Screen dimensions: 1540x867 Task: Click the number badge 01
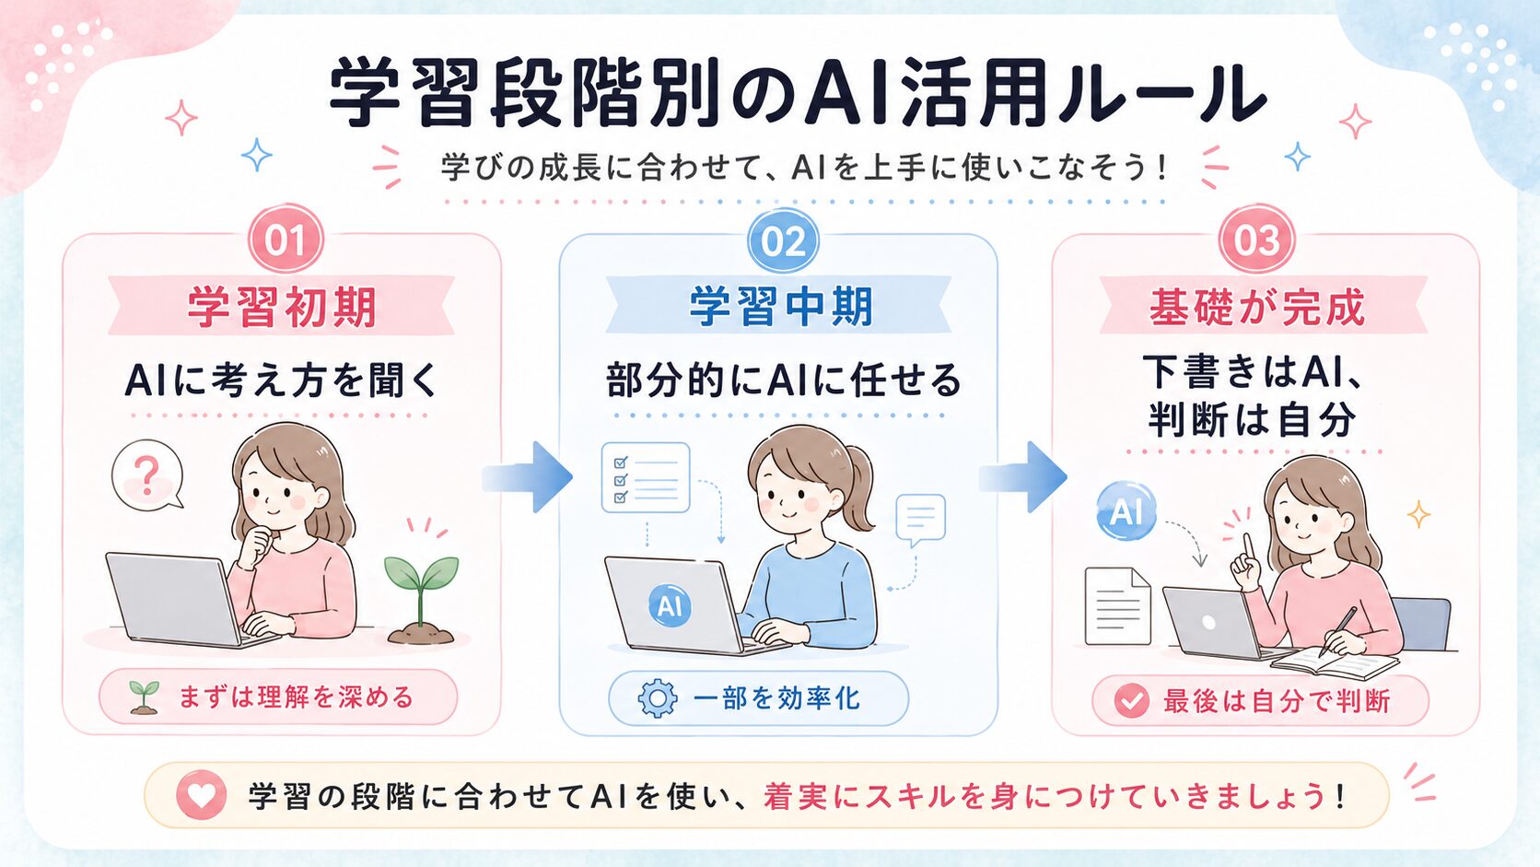tap(286, 240)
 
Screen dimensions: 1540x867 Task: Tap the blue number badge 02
tap(783, 241)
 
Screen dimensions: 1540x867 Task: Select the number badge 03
tap(1256, 240)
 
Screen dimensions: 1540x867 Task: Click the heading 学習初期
tap(282, 307)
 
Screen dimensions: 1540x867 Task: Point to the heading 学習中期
tap(781, 307)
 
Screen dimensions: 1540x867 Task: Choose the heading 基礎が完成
tap(1256, 307)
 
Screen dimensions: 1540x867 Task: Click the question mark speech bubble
tap(147, 475)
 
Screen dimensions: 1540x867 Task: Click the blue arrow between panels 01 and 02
tap(528, 476)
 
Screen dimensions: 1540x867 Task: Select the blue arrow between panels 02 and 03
tap(1023, 476)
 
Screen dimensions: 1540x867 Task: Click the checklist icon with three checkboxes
tap(646, 477)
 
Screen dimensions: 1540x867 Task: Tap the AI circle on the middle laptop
tap(670, 605)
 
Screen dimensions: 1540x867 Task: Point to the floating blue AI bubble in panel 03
tap(1126, 510)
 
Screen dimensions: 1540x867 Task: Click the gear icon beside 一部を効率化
tap(658, 698)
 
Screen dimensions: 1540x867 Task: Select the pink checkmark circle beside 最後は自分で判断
tap(1132, 701)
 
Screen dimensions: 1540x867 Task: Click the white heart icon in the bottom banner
tap(202, 795)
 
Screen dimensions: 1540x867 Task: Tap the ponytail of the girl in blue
tap(857, 488)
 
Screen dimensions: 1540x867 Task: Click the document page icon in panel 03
tap(1117, 605)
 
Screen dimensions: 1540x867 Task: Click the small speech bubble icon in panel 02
tap(920, 519)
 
